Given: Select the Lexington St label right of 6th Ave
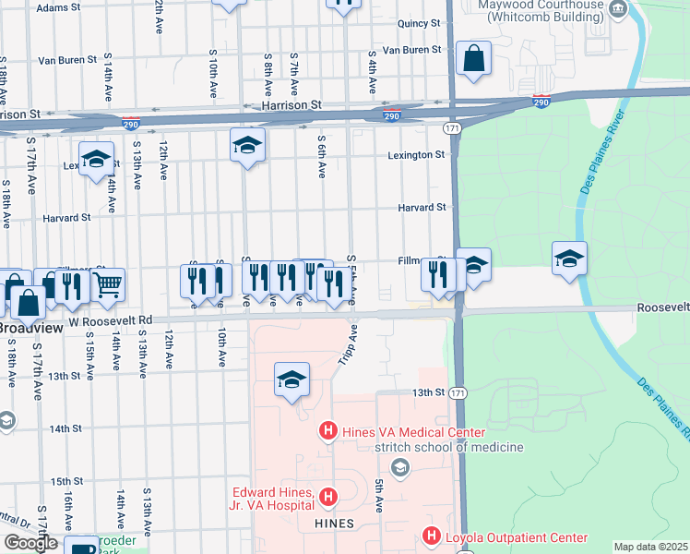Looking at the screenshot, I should (416, 155).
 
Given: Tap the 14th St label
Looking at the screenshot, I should (66, 428).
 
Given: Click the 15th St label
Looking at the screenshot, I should (66, 481).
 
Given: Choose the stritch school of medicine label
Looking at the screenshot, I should (448, 448).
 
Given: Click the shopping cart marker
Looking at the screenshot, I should (108, 286).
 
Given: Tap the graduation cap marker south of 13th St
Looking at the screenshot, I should (291, 379).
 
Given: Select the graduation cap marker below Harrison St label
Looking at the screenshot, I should (247, 145).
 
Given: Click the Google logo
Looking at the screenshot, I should (30, 543).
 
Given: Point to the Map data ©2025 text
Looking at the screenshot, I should (650, 547).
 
